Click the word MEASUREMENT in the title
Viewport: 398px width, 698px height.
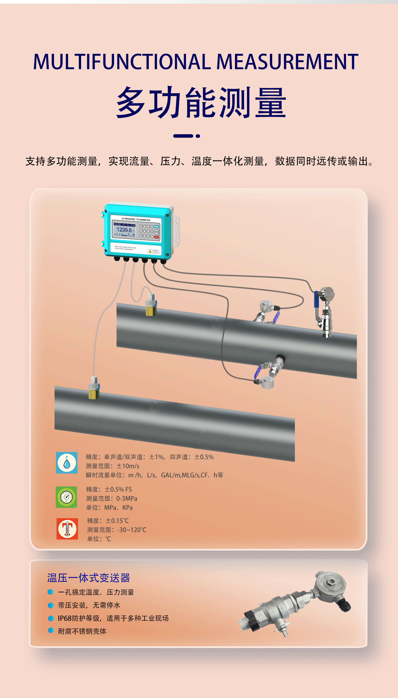click(287, 62)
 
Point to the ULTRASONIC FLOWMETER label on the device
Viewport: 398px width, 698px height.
click(136, 219)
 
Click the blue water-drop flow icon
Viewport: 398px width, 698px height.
click(67, 463)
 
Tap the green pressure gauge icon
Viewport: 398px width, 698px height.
click(67, 497)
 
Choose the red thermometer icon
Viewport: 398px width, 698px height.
click(67, 529)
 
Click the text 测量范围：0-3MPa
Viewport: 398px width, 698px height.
click(112, 499)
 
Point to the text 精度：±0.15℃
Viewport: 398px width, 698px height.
click(108, 521)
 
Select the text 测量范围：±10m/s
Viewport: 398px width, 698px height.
click(113, 466)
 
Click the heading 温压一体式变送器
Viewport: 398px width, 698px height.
click(88, 578)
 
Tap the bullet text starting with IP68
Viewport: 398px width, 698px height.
click(113, 618)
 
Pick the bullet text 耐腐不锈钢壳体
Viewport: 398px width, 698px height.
click(82, 631)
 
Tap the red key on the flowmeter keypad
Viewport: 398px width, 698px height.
click(157, 237)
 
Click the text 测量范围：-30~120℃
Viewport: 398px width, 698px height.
click(117, 530)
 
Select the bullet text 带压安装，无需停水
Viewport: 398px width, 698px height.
click(89, 605)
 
